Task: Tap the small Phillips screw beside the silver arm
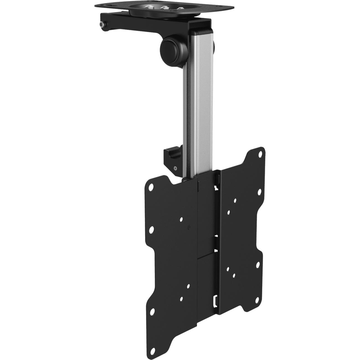[x=175, y=168]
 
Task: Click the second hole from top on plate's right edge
[x=259, y=191]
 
